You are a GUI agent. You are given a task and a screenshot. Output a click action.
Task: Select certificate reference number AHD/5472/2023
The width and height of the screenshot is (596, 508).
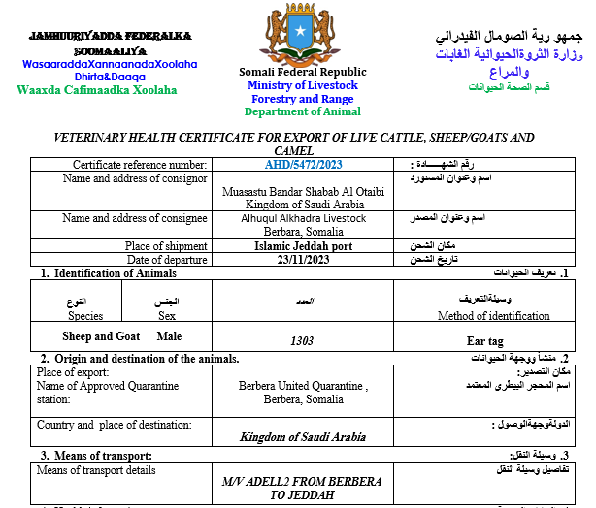point(303,165)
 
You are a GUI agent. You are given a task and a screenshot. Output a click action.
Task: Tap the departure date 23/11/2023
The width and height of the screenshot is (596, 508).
point(304,260)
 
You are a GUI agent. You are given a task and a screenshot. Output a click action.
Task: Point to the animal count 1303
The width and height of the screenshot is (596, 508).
point(303,340)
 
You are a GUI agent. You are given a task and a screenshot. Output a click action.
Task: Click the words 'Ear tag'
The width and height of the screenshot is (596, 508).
point(485,340)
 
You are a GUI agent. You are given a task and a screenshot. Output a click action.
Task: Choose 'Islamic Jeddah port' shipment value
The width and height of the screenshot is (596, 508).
point(304,246)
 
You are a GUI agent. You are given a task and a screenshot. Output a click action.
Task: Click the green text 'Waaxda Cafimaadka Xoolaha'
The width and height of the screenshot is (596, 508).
point(97,90)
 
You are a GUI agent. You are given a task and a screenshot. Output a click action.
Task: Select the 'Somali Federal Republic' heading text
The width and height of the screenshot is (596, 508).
point(303,72)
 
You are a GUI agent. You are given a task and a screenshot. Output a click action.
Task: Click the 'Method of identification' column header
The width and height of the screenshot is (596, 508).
point(493,316)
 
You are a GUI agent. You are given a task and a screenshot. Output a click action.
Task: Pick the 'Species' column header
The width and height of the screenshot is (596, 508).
point(85,316)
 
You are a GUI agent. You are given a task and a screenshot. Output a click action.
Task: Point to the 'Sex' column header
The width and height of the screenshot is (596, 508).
point(166,316)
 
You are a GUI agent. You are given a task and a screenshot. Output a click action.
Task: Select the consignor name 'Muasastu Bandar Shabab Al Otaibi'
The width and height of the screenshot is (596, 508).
point(305,192)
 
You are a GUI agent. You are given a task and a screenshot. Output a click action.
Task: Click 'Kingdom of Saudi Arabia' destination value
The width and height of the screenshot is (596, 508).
point(303,437)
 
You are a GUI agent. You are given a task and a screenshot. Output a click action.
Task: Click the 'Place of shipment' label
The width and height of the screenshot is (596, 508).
point(166,246)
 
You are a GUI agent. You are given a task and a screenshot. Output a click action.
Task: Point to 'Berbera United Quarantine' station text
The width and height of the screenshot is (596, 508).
point(304,386)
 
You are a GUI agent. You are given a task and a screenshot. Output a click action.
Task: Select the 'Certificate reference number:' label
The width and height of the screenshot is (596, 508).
point(140,165)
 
